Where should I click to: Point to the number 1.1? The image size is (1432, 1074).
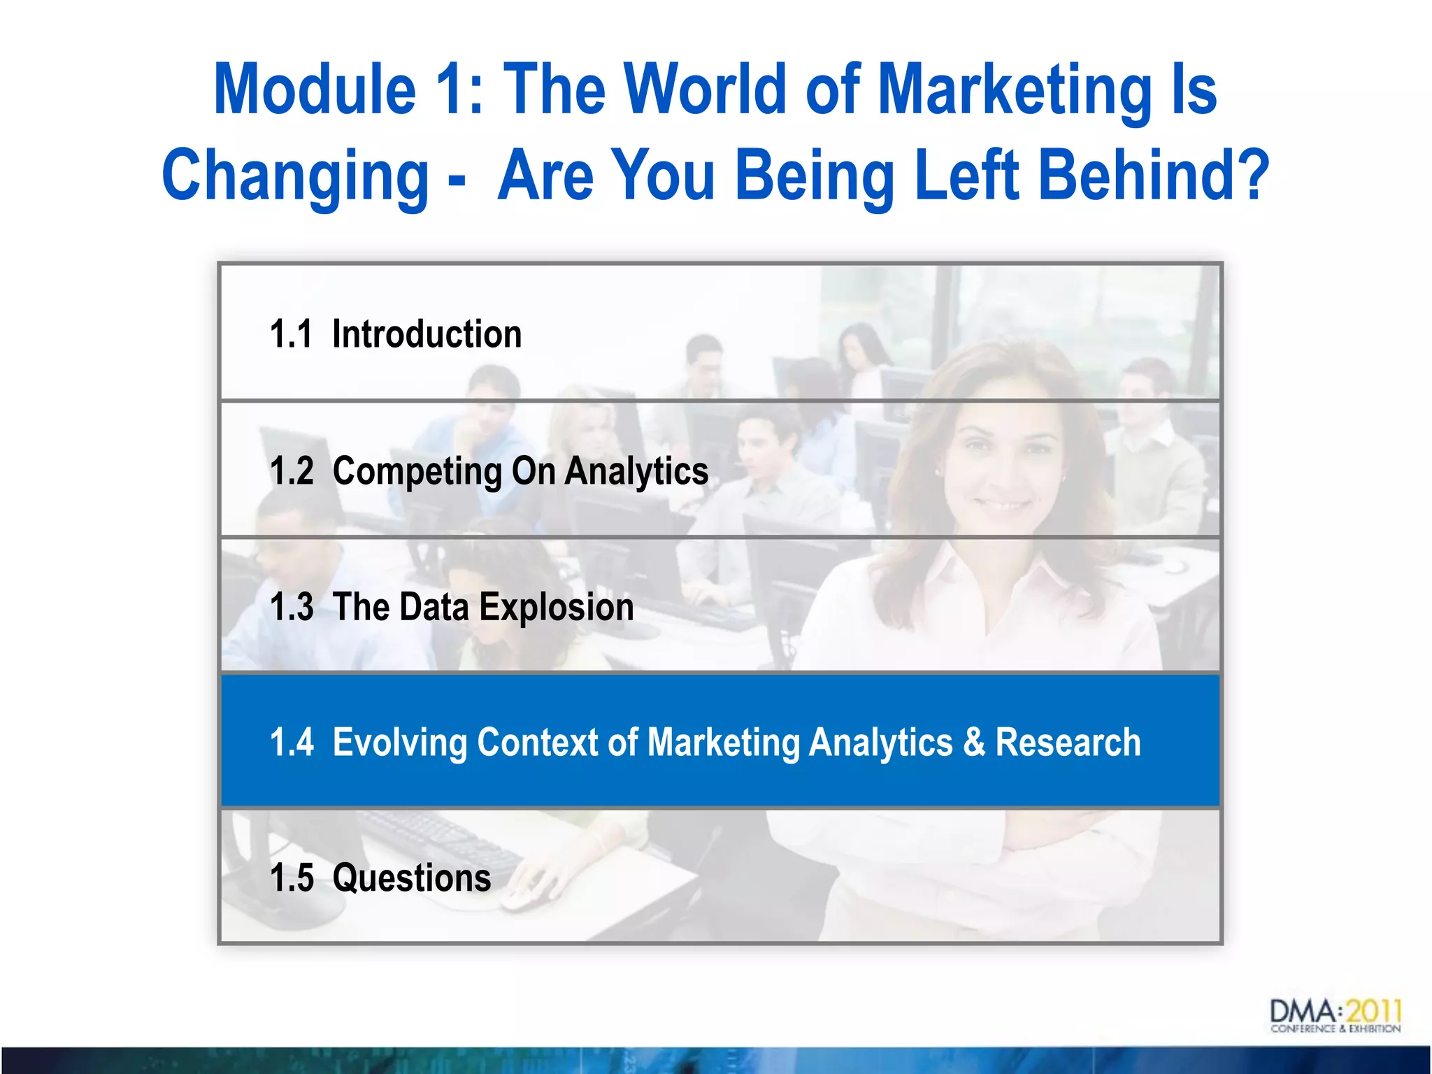click(291, 334)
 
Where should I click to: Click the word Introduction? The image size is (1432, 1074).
click(427, 334)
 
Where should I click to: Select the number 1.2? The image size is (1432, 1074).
click(292, 471)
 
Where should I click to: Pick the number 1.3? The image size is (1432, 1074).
click(292, 606)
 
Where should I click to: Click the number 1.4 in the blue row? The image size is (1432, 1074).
click(292, 742)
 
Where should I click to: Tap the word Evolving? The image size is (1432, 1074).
click(399, 742)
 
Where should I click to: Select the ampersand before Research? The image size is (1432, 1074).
click(974, 742)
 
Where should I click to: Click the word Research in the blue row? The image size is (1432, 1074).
click(1068, 742)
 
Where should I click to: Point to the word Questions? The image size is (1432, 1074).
click(412, 878)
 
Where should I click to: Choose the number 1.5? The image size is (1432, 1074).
click(292, 878)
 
